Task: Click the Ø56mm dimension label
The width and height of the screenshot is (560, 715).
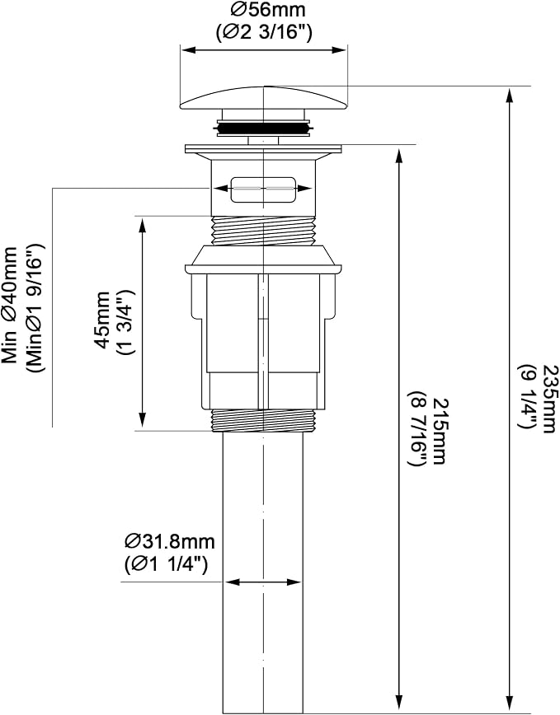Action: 267,10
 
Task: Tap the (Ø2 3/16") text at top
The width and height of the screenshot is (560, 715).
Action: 264,33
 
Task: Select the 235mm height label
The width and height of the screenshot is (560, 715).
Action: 547,398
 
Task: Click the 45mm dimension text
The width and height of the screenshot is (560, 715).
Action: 102,320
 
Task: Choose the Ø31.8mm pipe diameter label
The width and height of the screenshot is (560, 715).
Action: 170,542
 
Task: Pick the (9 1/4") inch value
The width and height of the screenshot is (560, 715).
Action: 525,395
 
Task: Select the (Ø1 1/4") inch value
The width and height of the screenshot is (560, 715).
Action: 166,564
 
